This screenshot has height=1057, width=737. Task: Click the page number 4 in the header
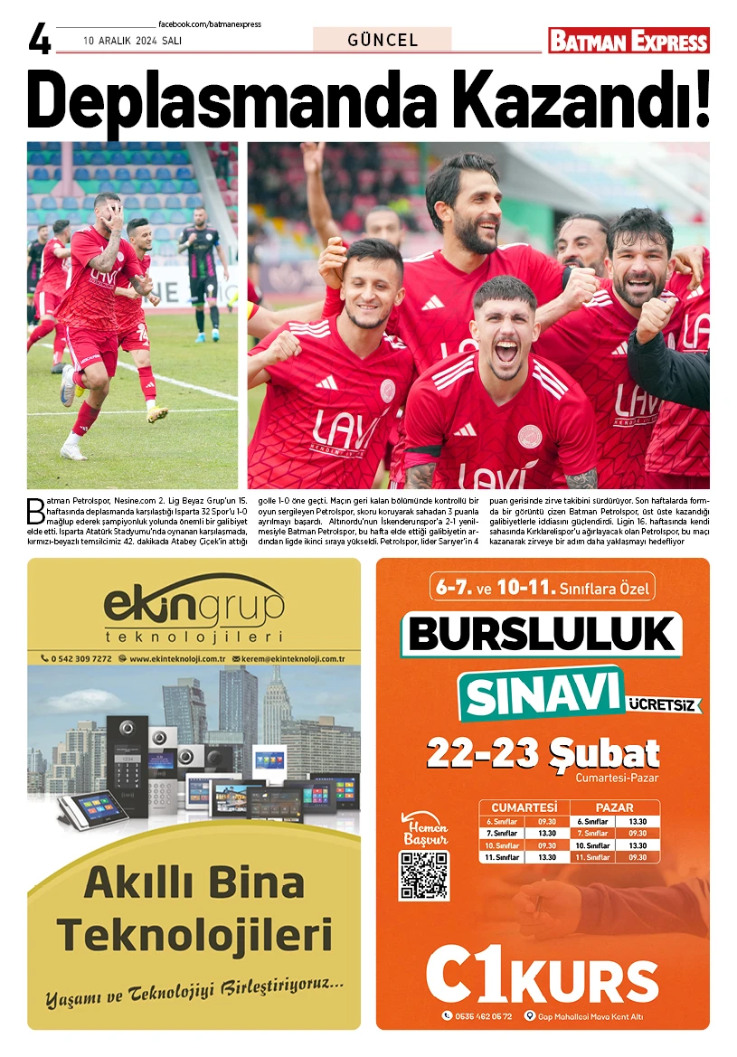(40, 41)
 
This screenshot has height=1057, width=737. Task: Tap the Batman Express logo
(628, 41)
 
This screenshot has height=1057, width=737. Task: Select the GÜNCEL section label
(383, 40)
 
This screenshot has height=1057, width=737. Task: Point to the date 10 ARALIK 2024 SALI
(128, 41)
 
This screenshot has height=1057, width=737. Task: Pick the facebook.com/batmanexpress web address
(209, 24)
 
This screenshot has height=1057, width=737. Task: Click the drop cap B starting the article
(35, 510)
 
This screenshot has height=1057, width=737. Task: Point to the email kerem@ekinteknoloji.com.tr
(289, 658)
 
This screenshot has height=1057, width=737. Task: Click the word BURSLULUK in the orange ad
(542, 633)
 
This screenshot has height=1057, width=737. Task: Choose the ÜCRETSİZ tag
(664, 703)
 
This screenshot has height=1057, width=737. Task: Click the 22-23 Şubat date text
(543, 752)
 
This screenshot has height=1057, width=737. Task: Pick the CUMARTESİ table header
(524, 807)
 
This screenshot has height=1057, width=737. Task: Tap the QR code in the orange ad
(423, 874)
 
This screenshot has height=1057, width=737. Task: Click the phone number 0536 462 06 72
(483, 1015)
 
